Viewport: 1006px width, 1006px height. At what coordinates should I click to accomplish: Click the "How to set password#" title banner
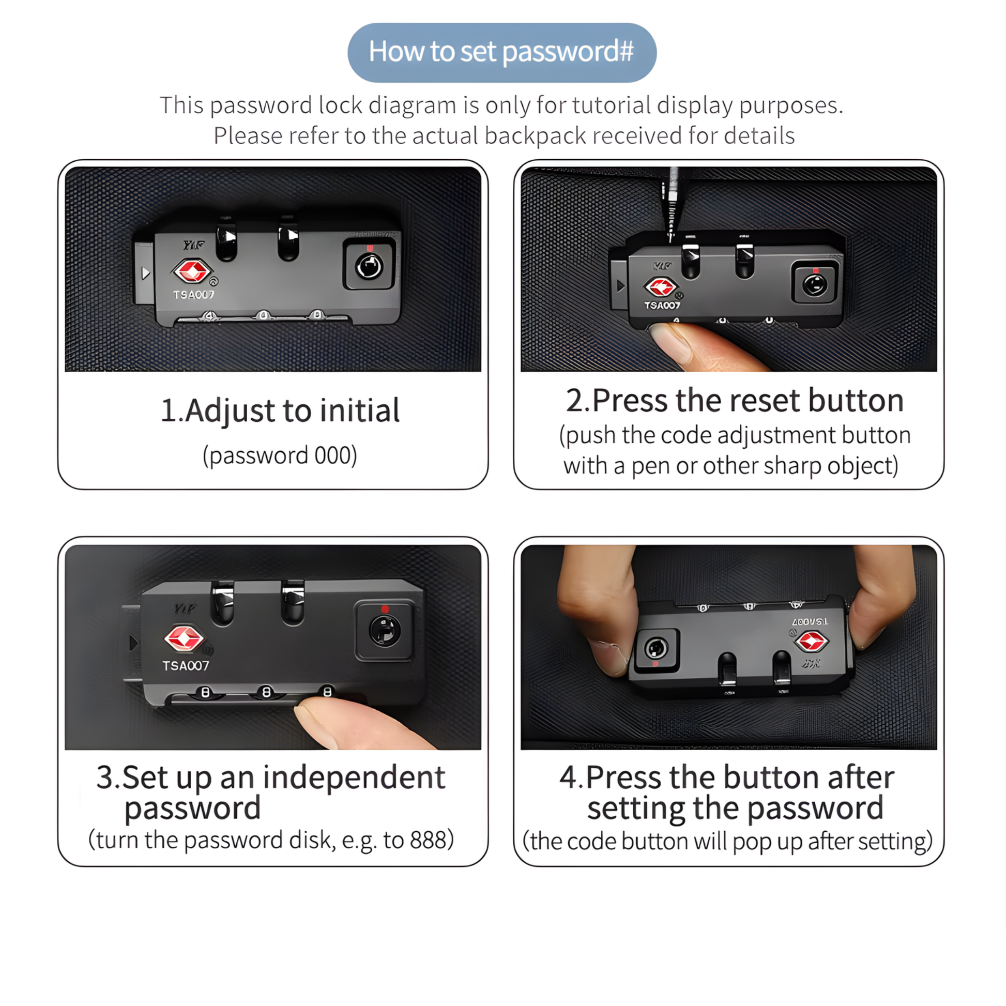(x=502, y=52)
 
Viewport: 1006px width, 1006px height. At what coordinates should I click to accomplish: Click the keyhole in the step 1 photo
(x=369, y=267)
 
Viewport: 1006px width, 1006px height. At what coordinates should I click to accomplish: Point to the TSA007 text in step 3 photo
(x=186, y=665)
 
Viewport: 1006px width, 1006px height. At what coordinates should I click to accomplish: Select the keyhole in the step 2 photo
(x=815, y=285)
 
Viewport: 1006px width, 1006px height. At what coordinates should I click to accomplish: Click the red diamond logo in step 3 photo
(x=185, y=638)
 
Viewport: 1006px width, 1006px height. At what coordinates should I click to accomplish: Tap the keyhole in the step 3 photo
(x=385, y=631)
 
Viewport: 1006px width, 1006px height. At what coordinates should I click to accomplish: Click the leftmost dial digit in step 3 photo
(x=205, y=692)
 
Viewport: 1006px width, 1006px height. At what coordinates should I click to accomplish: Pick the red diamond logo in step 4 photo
(x=811, y=641)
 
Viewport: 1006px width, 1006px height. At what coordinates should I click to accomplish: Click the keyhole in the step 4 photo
(x=656, y=649)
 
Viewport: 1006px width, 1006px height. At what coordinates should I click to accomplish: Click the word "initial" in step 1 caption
(x=360, y=410)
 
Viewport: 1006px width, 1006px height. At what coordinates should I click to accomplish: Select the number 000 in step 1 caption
(x=333, y=455)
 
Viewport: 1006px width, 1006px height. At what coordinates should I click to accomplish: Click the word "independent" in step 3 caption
(x=354, y=778)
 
